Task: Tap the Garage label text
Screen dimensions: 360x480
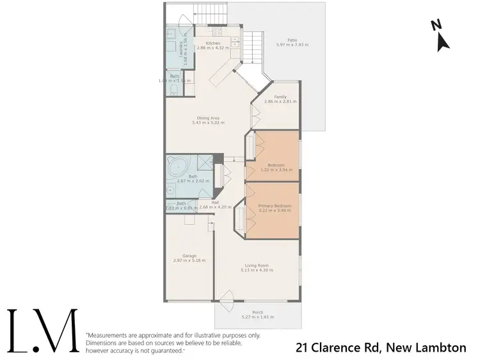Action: pyautogui.click(x=189, y=256)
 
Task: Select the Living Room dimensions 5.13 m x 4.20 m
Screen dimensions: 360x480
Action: pyautogui.click(x=257, y=270)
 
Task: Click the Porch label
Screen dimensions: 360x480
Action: pyautogui.click(x=257, y=312)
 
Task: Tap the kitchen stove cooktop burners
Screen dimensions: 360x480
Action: pyautogui.click(x=216, y=30)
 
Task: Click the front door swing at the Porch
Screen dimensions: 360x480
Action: pyautogui.click(x=225, y=299)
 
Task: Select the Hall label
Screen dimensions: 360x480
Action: pyautogui.click(x=205, y=202)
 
